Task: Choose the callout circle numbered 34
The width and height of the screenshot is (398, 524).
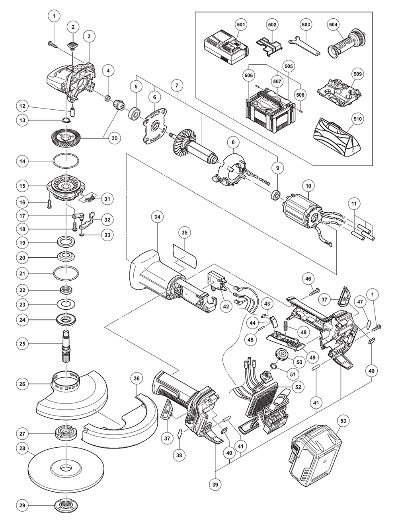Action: pos(158,217)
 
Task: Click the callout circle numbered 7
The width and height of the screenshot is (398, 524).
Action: pos(177,85)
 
